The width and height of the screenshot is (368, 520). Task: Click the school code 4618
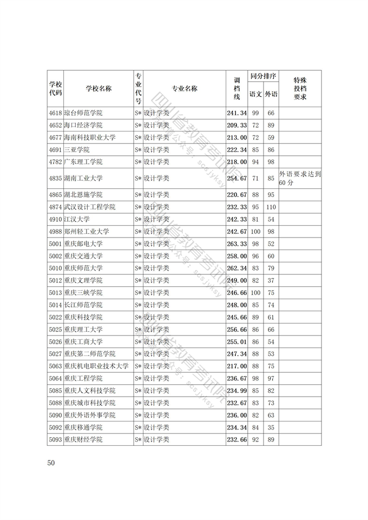coord(55,113)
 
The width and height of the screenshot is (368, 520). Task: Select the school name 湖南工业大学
coord(83,178)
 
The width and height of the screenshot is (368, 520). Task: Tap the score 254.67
coord(236,178)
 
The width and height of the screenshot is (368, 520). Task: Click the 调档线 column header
coord(236,89)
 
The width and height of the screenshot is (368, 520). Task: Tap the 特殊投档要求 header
coord(300,89)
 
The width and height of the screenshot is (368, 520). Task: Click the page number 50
coord(51,463)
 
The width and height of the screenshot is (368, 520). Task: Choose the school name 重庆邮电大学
coord(83,243)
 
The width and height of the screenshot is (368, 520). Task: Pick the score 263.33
coord(236,243)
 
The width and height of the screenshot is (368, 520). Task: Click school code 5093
coord(55,439)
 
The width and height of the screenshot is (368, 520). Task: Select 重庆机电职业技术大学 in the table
coord(96,366)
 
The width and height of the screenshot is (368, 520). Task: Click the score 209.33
coord(236,125)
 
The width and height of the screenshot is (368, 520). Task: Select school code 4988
coord(55,231)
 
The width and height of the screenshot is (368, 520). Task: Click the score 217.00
coord(236,366)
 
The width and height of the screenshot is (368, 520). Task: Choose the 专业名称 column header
coord(184,89)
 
